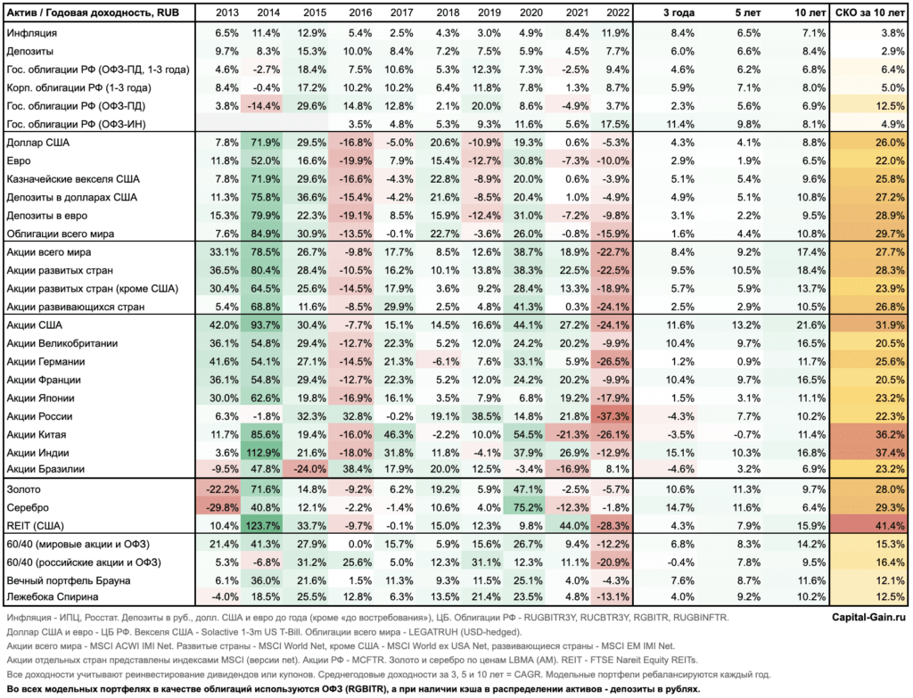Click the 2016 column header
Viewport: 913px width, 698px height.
(x=360, y=12)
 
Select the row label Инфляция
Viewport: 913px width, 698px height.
(x=32, y=33)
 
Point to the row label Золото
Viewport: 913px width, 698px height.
(x=24, y=489)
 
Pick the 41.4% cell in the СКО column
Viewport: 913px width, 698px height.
(x=890, y=526)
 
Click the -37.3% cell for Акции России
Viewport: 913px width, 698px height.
(x=613, y=416)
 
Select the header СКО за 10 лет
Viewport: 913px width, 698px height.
(x=870, y=12)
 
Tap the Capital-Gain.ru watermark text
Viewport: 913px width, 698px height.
(x=868, y=617)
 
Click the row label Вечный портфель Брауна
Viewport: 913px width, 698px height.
(x=69, y=580)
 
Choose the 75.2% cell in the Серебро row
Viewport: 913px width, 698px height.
(x=528, y=507)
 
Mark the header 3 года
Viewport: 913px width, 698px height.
(x=679, y=12)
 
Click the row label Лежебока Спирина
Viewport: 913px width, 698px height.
(x=53, y=596)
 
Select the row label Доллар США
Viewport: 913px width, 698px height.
(x=38, y=143)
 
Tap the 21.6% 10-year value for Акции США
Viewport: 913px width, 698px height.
(x=810, y=324)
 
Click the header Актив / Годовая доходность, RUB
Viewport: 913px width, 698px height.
(x=93, y=12)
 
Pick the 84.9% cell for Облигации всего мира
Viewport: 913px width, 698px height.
(x=266, y=234)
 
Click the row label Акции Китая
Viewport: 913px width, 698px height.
(x=37, y=435)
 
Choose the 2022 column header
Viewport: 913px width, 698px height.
(x=618, y=12)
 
